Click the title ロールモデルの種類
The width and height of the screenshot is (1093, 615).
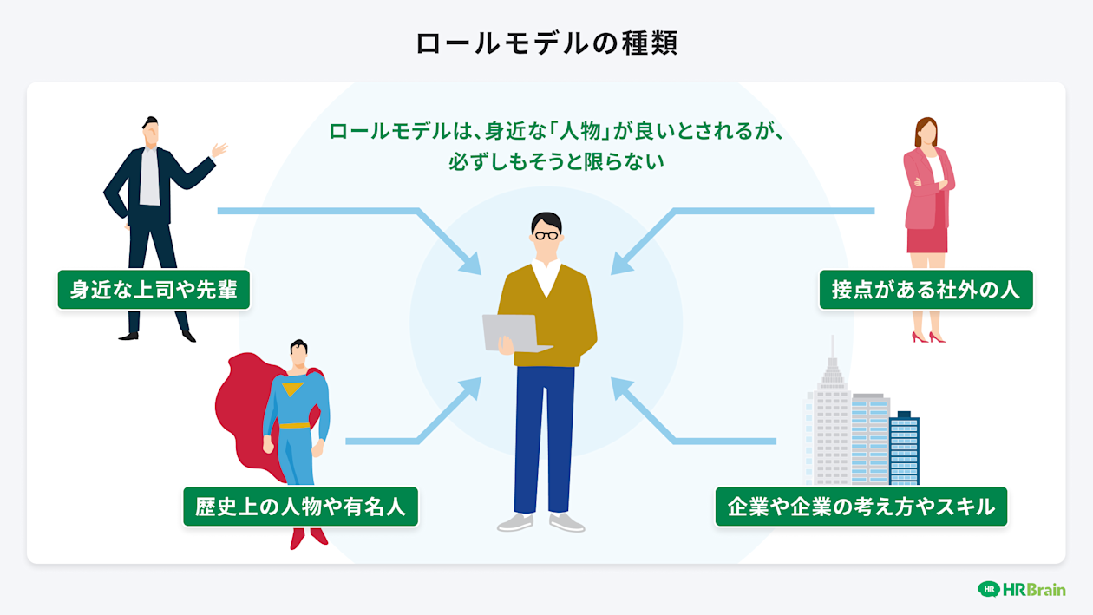[546, 43]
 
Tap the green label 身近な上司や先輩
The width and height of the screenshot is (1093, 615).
[154, 290]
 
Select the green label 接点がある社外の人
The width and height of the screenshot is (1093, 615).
[926, 290]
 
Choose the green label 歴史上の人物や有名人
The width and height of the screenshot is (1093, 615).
[300, 507]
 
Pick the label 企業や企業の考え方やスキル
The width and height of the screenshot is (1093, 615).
[861, 507]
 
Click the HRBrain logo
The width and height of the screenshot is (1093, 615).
[1021, 589]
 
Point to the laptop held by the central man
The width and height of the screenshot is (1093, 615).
[514, 331]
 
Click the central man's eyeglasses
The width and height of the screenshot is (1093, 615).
[546, 234]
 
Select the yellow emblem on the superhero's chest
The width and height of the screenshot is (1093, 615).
[293, 389]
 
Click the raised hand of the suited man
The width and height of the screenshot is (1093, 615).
[219, 150]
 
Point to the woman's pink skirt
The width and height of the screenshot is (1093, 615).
[927, 239]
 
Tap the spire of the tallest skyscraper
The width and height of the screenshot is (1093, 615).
[832, 351]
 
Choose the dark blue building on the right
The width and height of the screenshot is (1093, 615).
[904, 447]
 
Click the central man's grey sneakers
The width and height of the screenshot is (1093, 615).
[540, 522]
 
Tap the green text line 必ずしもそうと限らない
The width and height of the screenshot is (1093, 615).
[556, 161]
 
